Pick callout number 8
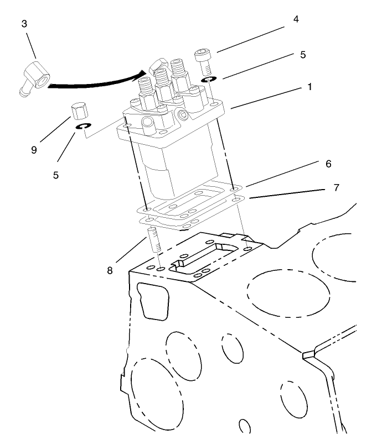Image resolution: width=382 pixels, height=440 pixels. (x=110, y=270)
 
